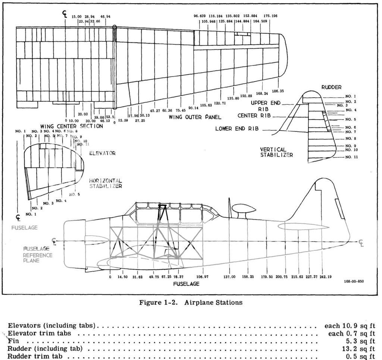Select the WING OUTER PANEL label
(195, 117)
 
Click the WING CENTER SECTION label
(72, 126)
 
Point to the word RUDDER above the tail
(331, 87)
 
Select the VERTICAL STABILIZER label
(276, 152)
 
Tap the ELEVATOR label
(102, 153)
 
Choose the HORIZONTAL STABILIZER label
(106, 183)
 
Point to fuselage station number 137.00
(229, 277)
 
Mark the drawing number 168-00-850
(354, 282)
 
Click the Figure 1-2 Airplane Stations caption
(191, 302)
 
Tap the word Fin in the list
(13, 341)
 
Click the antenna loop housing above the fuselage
(242, 210)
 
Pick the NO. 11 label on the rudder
(351, 157)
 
